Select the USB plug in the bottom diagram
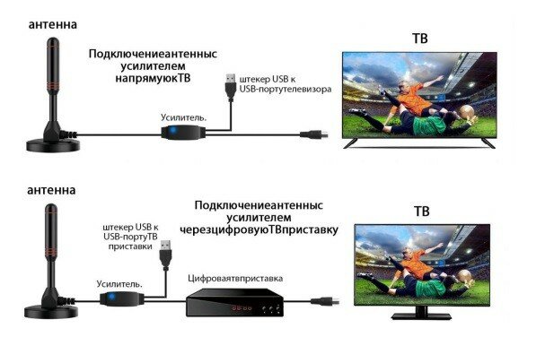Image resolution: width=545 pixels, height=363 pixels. pyautogui.click(x=165, y=255)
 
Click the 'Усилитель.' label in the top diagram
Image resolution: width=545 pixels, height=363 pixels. pyautogui.click(x=184, y=117)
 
